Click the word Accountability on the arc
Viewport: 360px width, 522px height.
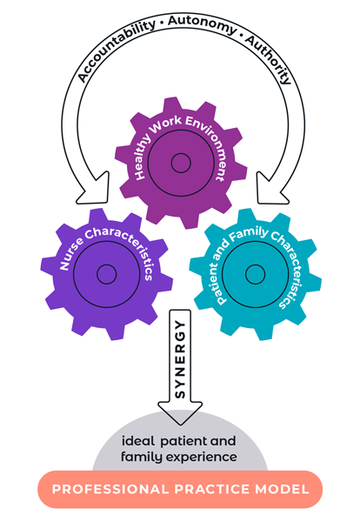pyautogui.click(x=116, y=50)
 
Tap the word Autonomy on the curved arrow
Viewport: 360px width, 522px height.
pyautogui.click(x=202, y=23)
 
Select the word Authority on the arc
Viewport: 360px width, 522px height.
pyautogui.click(x=268, y=59)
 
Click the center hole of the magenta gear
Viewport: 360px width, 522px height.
pyautogui.click(x=181, y=163)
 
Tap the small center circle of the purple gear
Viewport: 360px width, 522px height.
pyautogui.click(x=106, y=274)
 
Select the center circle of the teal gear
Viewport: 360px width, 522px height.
pyautogui.click(x=255, y=274)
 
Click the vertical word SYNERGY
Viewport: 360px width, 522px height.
pyautogui.click(x=180, y=360)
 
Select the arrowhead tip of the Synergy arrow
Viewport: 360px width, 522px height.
pyautogui.click(x=180, y=425)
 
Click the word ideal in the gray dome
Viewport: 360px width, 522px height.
pyautogui.click(x=138, y=441)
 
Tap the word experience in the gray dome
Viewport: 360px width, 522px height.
pyautogui.click(x=202, y=457)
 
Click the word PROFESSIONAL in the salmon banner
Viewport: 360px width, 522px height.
pyautogui.click(x=110, y=489)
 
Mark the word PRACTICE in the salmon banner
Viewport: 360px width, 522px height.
pyautogui.click(x=212, y=489)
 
